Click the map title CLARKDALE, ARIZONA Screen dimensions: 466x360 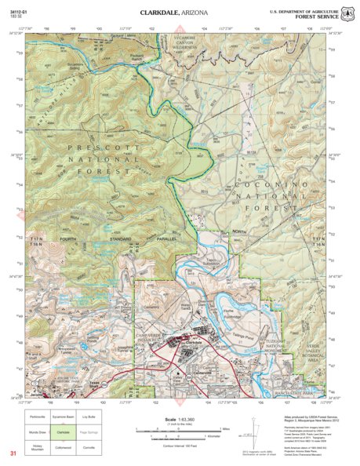pos(180,13)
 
